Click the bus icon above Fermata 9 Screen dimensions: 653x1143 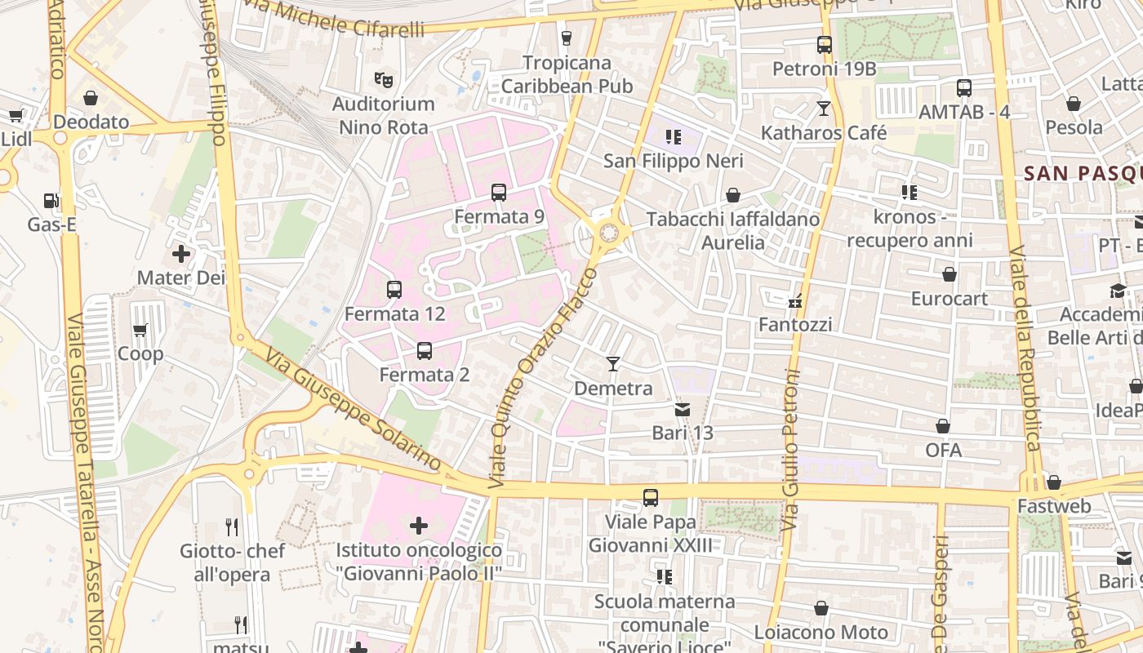(498, 193)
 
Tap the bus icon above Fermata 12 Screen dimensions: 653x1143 (394, 289)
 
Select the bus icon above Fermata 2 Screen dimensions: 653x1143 (425, 351)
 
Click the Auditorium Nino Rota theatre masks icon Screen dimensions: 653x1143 (384, 79)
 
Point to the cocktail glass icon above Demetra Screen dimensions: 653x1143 (613, 363)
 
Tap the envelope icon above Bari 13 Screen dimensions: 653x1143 (682, 409)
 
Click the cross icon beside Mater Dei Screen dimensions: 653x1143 (181, 254)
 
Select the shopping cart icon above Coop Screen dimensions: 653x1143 (140, 330)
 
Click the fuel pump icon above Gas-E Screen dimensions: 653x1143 (51, 200)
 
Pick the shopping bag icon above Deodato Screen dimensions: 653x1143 (91, 98)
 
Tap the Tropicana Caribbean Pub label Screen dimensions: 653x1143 (567, 74)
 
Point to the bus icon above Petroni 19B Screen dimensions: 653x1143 (824, 45)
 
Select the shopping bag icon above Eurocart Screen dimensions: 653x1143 (949, 274)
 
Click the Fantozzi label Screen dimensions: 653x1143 (795, 325)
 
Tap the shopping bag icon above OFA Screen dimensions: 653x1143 (943, 426)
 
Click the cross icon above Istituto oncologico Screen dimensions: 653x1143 (419, 526)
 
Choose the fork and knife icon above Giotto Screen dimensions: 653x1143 (233, 527)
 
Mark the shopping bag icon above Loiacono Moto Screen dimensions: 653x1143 (821, 608)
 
